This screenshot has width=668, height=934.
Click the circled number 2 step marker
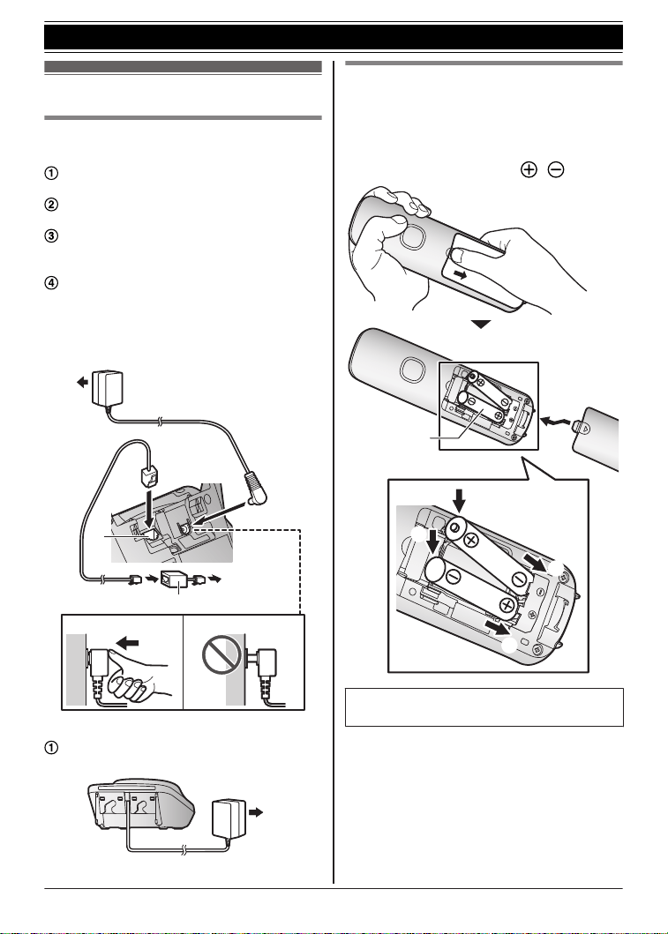(x=52, y=205)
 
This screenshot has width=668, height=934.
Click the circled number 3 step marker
(x=52, y=235)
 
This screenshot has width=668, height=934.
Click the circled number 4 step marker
(x=52, y=283)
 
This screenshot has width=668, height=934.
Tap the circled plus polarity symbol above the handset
(x=529, y=169)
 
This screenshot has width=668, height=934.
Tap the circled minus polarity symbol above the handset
(x=555, y=169)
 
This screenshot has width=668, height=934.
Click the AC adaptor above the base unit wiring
(x=108, y=387)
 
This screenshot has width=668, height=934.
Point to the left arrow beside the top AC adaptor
(x=82, y=383)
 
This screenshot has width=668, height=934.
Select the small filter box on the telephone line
(x=175, y=579)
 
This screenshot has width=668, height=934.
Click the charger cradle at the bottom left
(x=142, y=803)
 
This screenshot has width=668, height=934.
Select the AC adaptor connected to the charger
(x=229, y=818)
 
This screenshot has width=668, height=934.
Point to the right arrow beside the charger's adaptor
(x=256, y=812)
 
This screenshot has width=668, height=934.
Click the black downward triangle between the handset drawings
(x=481, y=325)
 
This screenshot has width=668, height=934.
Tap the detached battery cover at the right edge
(x=595, y=437)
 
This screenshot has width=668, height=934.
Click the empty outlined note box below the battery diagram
(x=484, y=707)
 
